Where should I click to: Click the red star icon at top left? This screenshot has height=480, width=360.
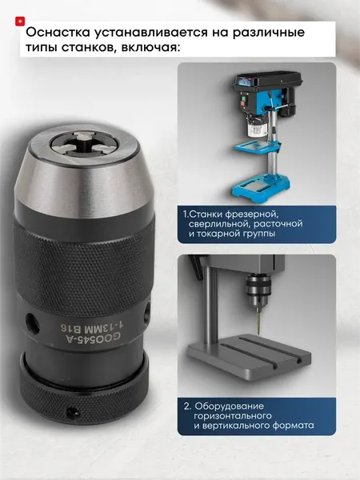20,21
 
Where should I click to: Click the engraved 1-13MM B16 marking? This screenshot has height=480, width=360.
92,327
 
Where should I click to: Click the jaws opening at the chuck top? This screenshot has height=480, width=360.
85,144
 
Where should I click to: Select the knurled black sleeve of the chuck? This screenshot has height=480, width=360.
83,263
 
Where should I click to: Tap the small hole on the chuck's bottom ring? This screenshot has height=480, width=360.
73,413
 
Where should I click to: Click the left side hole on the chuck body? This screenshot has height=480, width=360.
33,323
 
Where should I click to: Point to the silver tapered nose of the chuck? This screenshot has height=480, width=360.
84,171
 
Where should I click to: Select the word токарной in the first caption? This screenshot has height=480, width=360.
218,234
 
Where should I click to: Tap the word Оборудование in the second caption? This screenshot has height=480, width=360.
230,406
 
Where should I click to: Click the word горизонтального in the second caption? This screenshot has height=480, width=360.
233,416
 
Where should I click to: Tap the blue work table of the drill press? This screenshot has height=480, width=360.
257,147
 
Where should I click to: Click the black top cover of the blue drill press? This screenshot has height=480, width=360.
267,79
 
